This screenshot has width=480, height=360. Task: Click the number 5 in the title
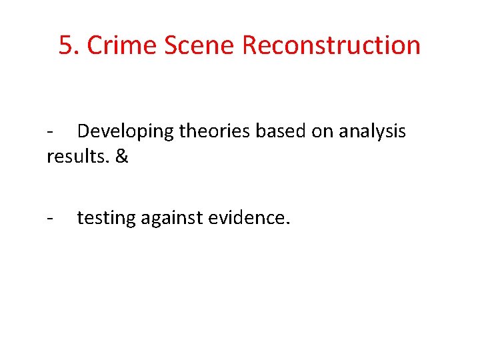(65, 45)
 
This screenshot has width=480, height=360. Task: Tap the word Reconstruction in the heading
(331, 45)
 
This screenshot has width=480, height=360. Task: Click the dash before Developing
(50, 132)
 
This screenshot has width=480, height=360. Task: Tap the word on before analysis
(323, 131)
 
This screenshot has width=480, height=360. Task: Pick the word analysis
(372, 131)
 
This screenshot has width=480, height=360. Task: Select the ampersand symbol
(121, 157)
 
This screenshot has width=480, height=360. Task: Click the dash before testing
(50, 217)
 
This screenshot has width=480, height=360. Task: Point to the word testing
(106, 217)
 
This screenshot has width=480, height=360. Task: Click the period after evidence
(287, 223)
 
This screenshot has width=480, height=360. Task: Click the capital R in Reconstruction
(250, 45)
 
